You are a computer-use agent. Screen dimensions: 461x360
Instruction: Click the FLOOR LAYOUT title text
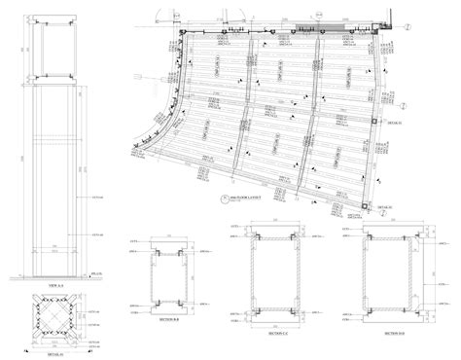[x=239, y=198]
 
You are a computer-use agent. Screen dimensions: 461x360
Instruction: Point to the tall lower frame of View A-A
[x=54, y=175]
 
